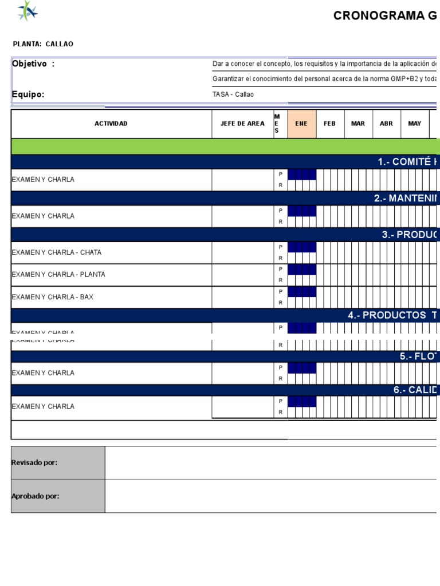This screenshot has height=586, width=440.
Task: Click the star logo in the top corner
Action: pos(27,11)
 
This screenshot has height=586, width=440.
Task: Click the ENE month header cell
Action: pos(301,124)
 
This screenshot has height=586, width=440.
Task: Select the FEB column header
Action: pos(329,124)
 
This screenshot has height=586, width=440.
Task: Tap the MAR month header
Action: pos(357,124)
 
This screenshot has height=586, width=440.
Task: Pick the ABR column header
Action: pos(386,124)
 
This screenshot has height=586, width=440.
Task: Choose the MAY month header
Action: pos(414,124)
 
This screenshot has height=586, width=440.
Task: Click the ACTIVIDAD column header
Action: pos(111,124)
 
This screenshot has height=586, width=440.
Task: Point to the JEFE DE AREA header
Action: pos(242,124)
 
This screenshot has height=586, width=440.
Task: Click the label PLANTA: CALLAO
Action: pos(43,44)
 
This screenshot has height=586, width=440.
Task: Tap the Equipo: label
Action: pos(28,94)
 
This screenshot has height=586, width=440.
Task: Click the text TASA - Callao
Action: pos(233,94)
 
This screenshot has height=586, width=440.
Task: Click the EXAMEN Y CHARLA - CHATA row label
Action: pos(57,252)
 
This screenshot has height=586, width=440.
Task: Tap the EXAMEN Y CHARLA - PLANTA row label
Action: pos(58,275)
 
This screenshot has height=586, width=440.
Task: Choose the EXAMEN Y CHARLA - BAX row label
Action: pos(52,297)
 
